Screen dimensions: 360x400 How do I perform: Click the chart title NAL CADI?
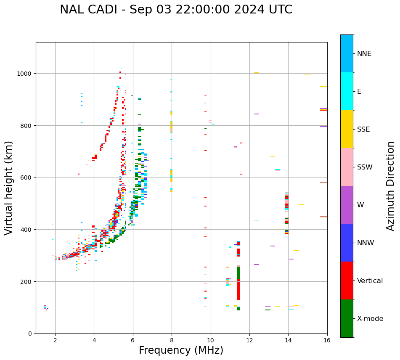(x=176, y=10)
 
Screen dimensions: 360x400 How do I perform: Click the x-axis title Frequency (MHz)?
(x=181, y=350)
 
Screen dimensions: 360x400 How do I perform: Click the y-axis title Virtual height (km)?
(x=9, y=188)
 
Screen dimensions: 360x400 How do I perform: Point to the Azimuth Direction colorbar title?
(x=391, y=186)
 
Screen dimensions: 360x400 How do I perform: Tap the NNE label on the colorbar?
(x=364, y=54)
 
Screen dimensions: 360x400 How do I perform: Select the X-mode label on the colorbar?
(x=370, y=319)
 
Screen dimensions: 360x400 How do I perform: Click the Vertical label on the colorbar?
(x=370, y=281)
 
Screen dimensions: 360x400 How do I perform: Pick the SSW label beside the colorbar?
(x=365, y=167)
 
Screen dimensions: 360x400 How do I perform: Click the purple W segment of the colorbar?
(x=347, y=205)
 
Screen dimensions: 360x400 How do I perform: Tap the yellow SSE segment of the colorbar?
(x=347, y=129)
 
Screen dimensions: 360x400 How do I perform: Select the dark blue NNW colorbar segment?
(x=347, y=243)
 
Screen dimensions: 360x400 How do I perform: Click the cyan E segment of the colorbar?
(x=347, y=91)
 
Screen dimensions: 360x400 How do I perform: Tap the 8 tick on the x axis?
(x=172, y=341)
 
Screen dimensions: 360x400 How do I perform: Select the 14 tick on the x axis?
(x=288, y=341)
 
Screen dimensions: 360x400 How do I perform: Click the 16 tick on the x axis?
(x=327, y=341)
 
